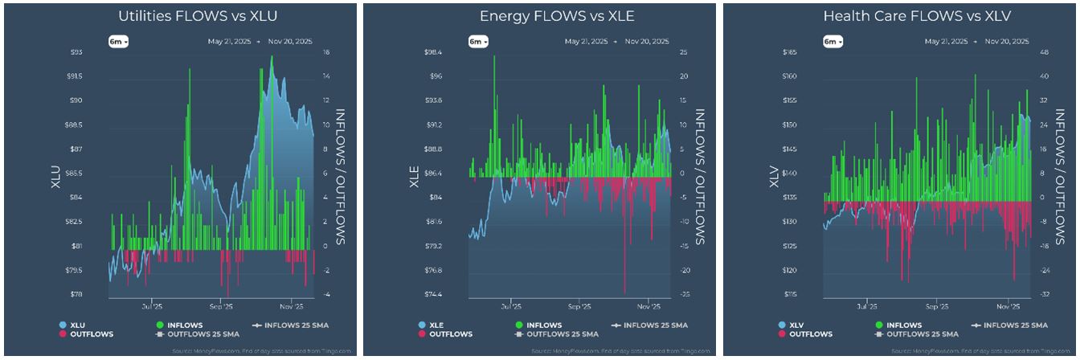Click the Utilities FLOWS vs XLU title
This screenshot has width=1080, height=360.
click(178, 16)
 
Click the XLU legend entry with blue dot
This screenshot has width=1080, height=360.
click(72, 325)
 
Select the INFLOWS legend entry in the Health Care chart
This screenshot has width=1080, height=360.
click(897, 325)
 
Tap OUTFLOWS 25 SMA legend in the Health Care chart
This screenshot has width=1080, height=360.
click(914, 333)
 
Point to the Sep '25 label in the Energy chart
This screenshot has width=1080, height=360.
click(579, 306)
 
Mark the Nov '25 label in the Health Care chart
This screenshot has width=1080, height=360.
click(1008, 306)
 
